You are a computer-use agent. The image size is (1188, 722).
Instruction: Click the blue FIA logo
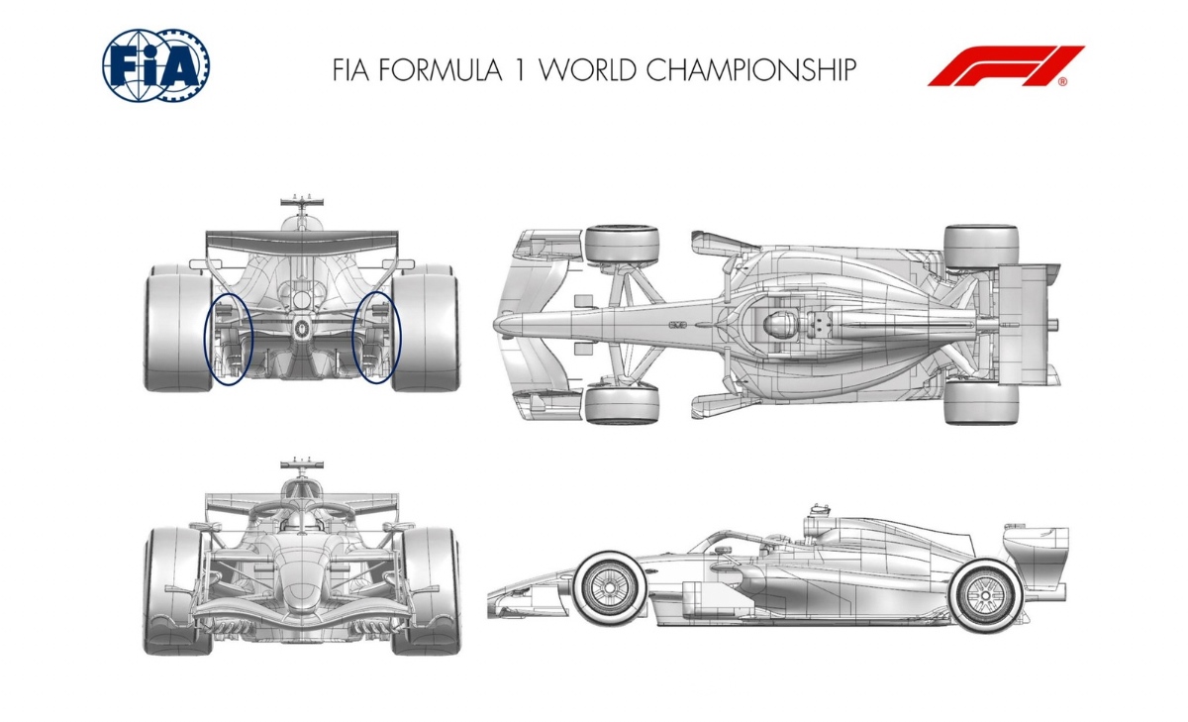click(x=156, y=64)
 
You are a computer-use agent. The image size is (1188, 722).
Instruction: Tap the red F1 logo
click(x=1006, y=65)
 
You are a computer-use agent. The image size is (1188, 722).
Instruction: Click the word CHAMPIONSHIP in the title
click(x=751, y=70)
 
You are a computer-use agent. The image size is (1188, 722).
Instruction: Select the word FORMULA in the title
click(x=441, y=70)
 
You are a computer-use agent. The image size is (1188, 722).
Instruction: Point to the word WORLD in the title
click(x=589, y=70)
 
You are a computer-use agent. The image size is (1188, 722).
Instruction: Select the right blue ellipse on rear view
click(x=401, y=338)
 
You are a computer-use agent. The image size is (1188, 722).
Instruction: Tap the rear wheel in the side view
click(x=985, y=595)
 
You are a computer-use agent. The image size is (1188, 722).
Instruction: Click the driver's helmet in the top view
click(x=777, y=323)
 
